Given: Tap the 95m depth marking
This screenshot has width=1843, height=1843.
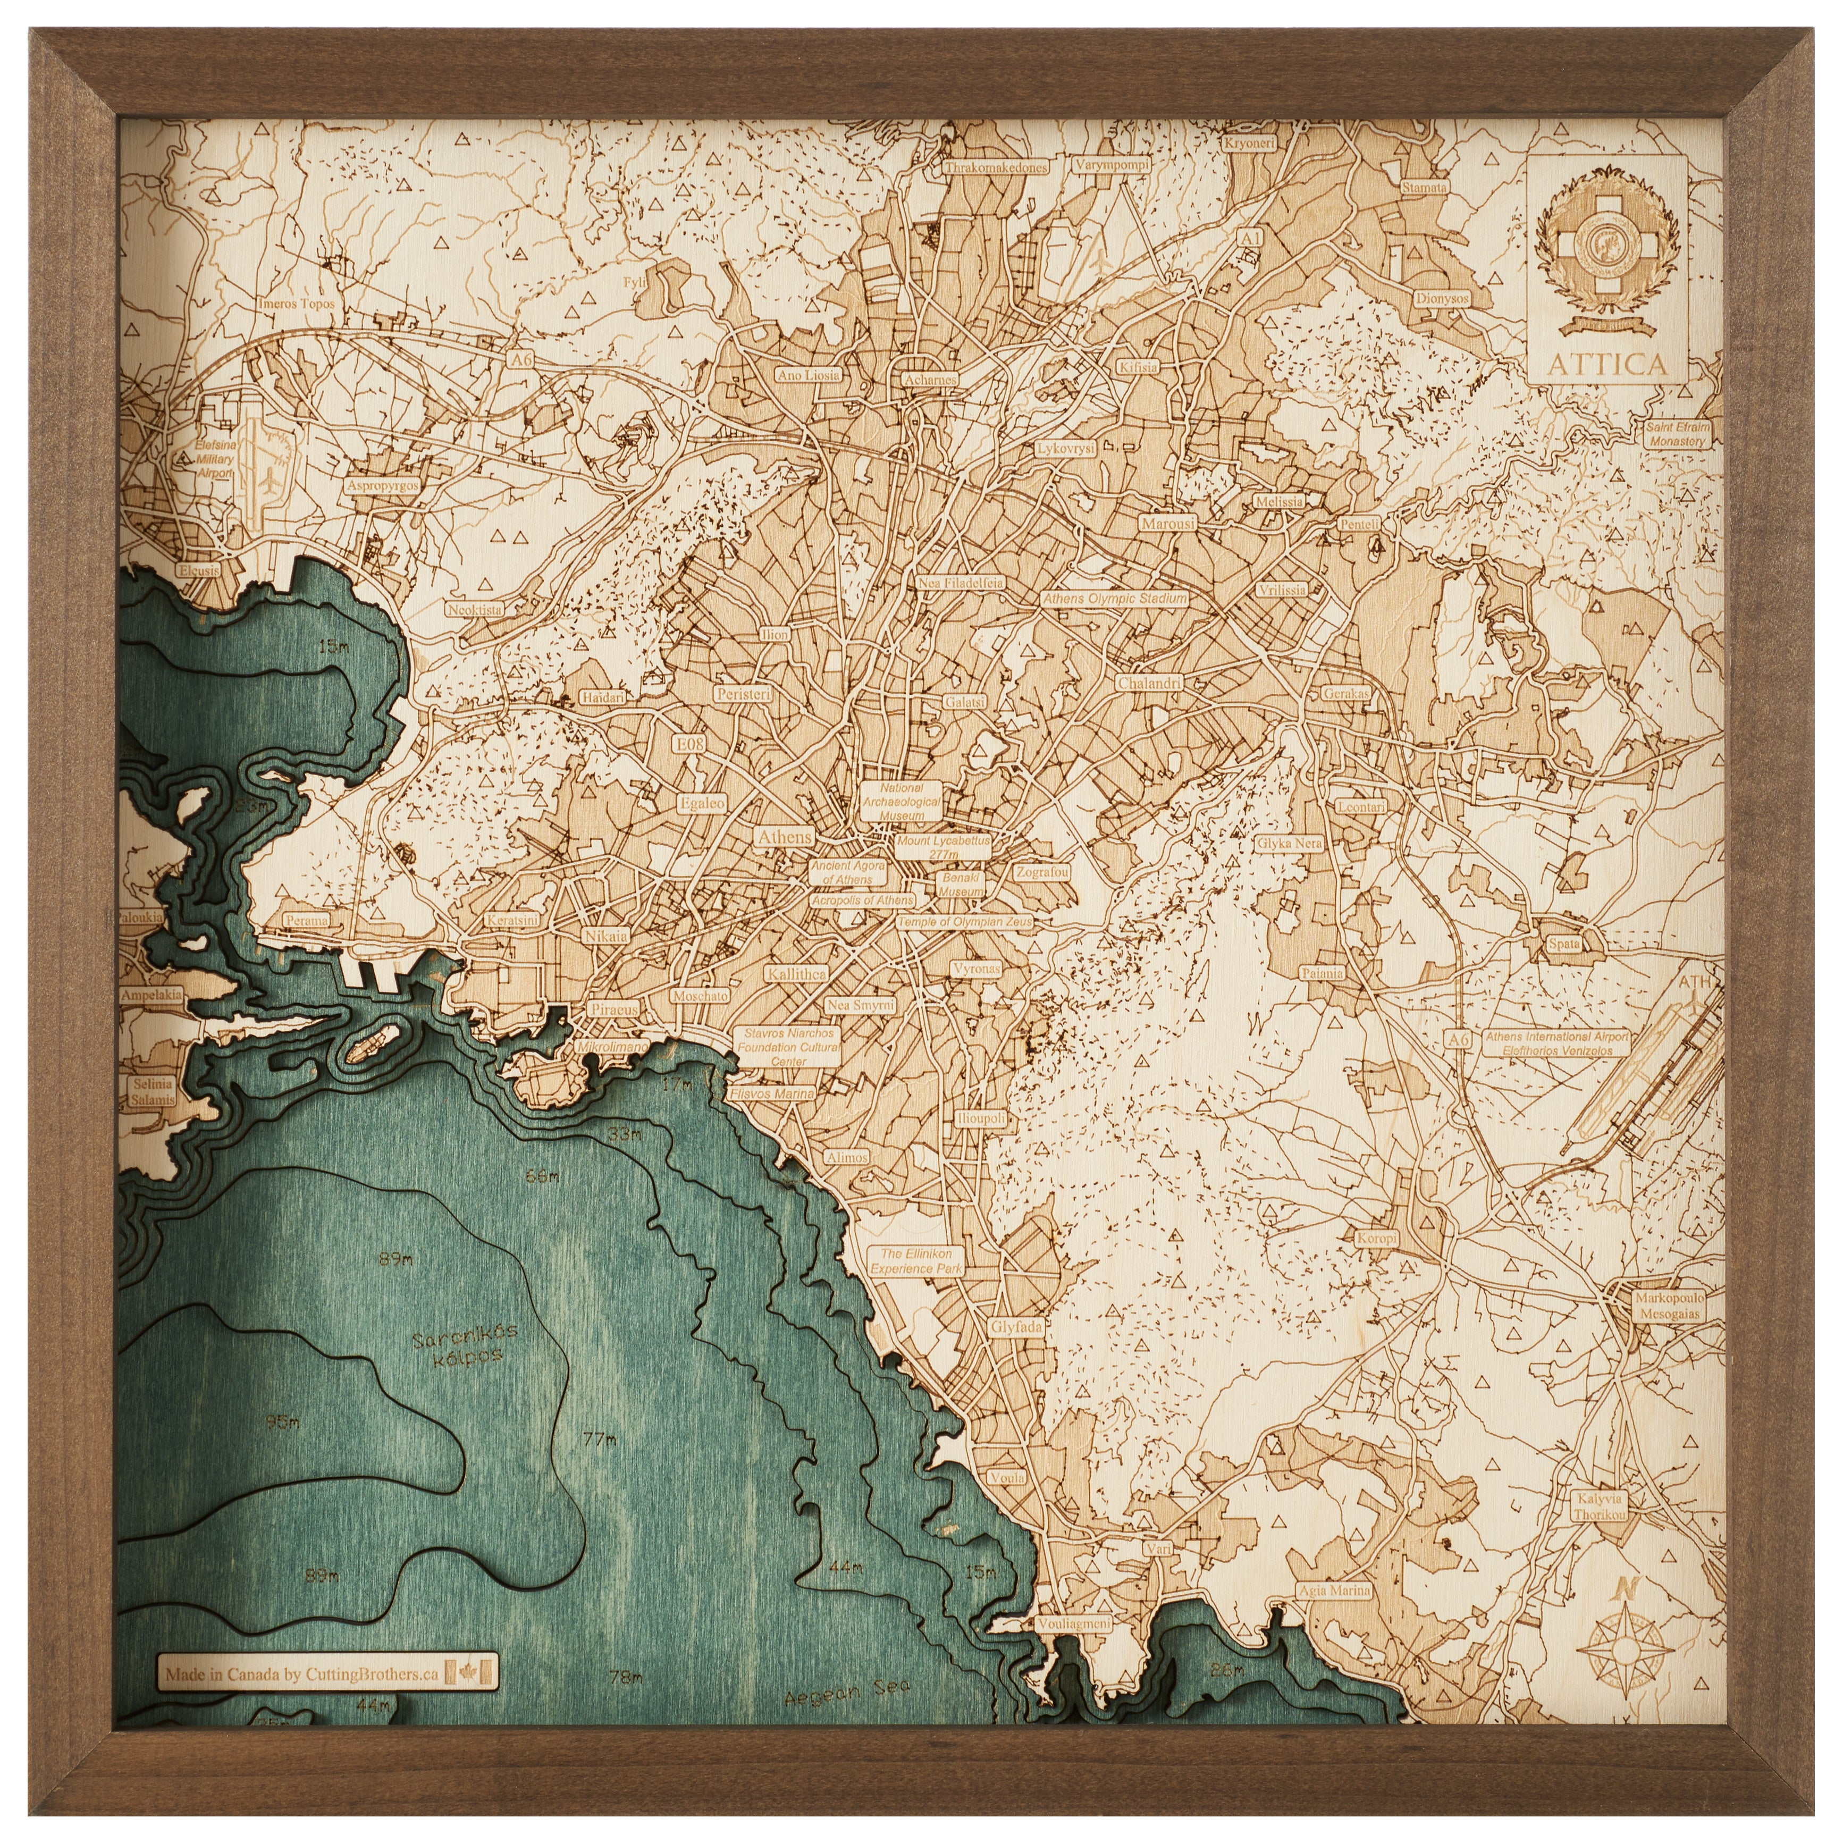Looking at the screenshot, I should click(x=282, y=1449).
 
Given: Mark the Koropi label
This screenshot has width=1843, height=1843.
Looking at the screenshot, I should click(x=1376, y=1238).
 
